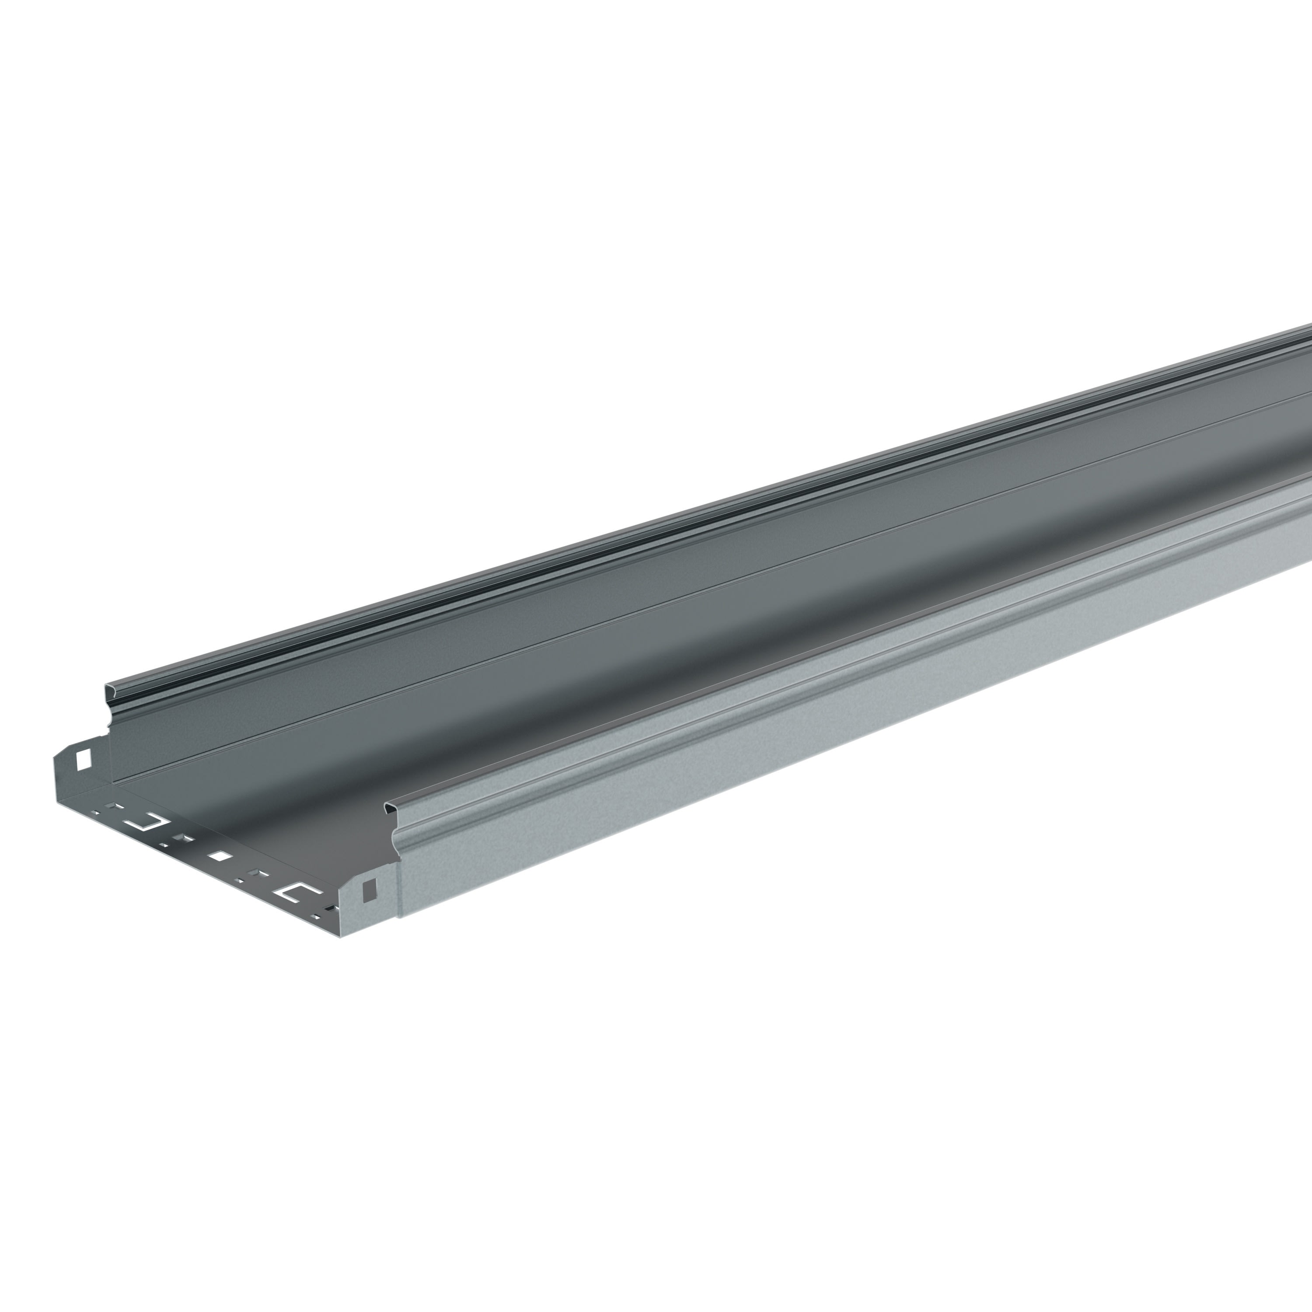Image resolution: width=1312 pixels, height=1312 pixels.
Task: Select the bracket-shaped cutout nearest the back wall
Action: [x=146, y=823]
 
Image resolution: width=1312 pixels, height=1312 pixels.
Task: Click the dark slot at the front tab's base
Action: [x=331, y=908]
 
